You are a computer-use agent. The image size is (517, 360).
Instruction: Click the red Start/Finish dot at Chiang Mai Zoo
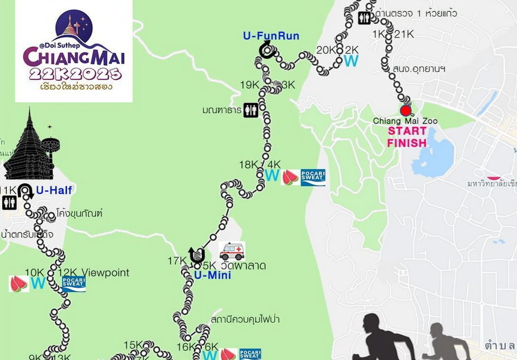[405, 111]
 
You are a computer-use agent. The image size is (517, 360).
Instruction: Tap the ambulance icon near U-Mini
[232, 251]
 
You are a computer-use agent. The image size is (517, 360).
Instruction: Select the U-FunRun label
[271, 36]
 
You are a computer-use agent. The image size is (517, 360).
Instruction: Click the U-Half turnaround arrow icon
[25, 190]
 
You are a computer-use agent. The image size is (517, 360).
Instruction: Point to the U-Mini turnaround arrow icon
[197, 255]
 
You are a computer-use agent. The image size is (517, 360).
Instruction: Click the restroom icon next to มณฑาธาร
[251, 110]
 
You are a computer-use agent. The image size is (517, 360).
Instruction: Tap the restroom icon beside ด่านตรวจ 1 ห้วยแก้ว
[364, 18]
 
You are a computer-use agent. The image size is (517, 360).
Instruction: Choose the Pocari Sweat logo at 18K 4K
[313, 178]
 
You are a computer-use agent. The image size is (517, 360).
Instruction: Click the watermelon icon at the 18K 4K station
[290, 178]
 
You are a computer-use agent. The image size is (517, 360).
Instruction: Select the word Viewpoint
[105, 272]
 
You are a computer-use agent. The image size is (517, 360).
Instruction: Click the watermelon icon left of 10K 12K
[18, 284]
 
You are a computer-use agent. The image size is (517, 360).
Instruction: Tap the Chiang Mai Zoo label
[405, 121]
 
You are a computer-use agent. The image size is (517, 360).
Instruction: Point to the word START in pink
[407, 131]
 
